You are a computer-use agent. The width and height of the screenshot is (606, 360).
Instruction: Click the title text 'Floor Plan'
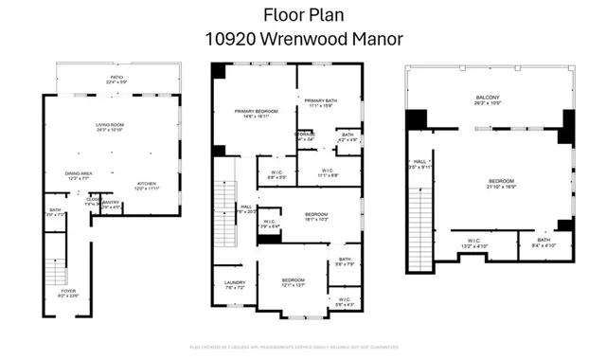pos(303,15)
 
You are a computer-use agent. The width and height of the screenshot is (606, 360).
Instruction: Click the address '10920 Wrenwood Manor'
pos(303,39)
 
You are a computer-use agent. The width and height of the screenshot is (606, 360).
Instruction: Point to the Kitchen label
pos(147,185)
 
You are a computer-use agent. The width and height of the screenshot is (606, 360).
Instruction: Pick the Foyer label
pos(67,293)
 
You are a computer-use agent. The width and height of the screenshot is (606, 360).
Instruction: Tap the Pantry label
pos(111,203)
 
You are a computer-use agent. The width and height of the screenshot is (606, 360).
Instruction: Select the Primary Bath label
pos(320,101)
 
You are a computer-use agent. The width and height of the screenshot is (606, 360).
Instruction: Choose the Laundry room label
pos(235,284)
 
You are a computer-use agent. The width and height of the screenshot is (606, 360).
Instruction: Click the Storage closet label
pos(304,136)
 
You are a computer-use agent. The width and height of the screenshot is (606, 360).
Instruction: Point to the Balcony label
pos(488,99)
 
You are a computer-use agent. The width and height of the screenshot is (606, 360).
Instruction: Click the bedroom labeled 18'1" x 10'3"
pos(316,216)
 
